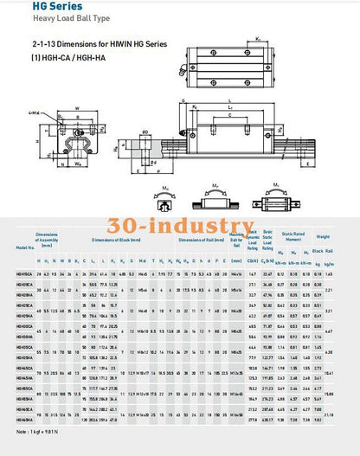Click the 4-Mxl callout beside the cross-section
point(32,112)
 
